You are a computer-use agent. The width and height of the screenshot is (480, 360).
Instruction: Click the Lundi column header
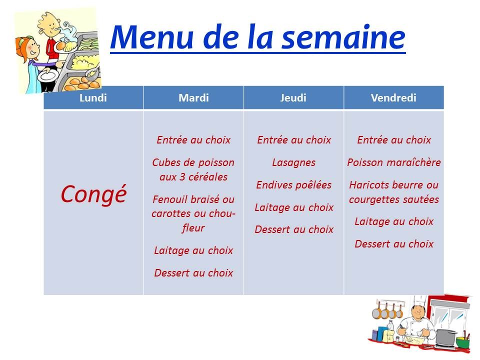[93, 98]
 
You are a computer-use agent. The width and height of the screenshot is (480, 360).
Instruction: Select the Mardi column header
[193, 98]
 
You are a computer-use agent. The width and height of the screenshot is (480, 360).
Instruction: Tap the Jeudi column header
[293, 98]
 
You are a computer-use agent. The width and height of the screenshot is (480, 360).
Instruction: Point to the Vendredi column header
[393, 98]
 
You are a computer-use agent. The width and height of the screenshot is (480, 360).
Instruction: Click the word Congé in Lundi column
[93, 194]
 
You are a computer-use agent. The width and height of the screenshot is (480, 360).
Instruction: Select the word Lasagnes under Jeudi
[294, 163]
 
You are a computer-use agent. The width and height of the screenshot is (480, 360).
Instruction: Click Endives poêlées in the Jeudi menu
[294, 185]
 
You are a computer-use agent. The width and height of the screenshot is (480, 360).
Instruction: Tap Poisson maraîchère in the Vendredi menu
[394, 162]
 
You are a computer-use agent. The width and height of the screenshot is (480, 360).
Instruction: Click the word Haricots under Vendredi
[369, 185]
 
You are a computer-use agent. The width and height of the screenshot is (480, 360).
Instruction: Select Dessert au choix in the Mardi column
[193, 273]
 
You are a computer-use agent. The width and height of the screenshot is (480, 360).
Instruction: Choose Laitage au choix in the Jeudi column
[294, 207]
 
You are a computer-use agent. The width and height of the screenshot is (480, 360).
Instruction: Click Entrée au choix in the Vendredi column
[394, 140]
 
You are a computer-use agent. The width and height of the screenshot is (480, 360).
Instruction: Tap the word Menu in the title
[152, 37]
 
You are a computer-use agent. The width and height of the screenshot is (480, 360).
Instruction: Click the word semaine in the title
[343, 37]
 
